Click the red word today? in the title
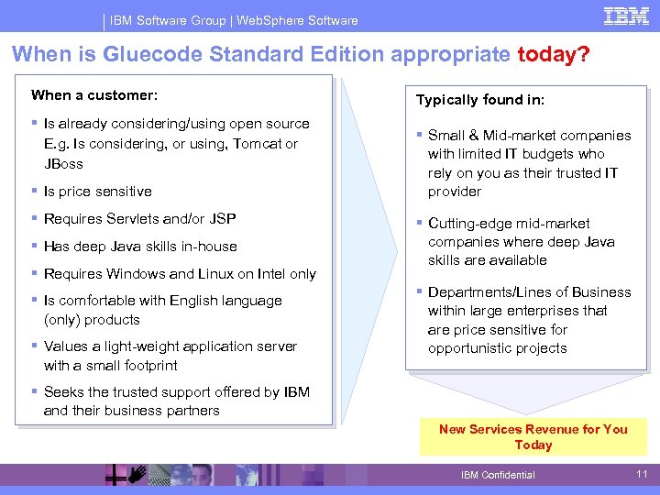point(554,55)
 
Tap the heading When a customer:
point(94,95)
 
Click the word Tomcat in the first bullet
point(257,144)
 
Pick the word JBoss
point(63,164)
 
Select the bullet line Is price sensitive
point(97,192)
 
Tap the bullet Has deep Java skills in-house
point(140,247)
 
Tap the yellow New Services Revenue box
point(533,437)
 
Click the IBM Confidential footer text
point(498,475)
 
